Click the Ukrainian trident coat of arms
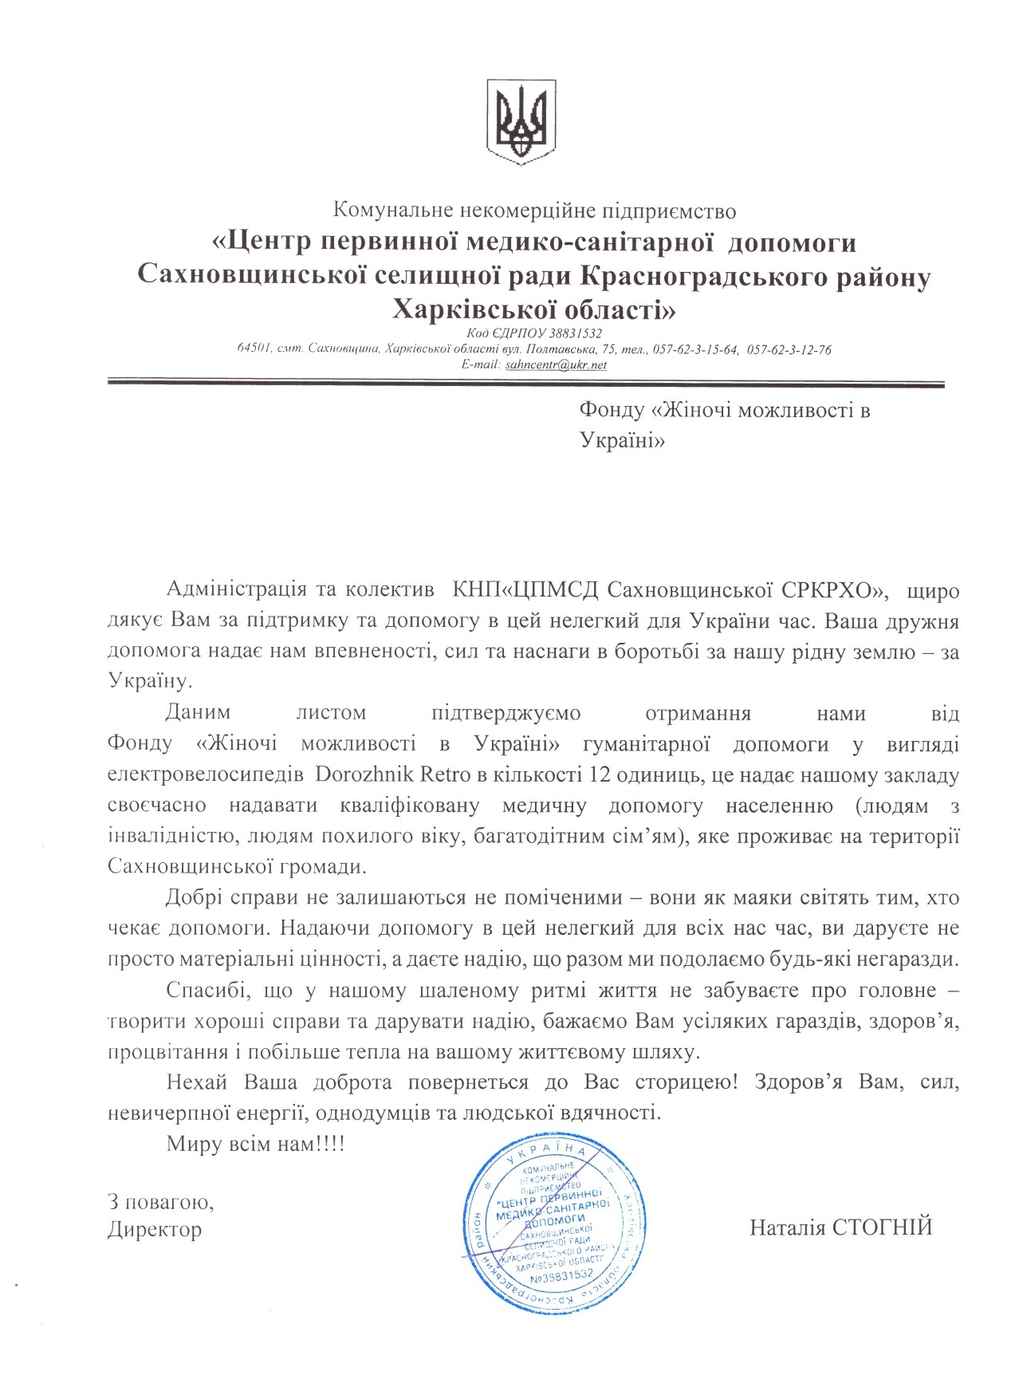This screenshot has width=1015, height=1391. pos(522,122)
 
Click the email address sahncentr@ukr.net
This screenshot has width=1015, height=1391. pos(556,364)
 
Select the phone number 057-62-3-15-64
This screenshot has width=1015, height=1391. pos(694,349)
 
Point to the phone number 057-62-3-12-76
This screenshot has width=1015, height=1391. pos(789,349)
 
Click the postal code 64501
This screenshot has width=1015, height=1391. pos(256,349)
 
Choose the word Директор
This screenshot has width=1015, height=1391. pos(155,1229)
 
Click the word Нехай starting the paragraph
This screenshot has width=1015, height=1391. pos(197,1082)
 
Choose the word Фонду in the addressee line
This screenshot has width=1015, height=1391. pos(612,410)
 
